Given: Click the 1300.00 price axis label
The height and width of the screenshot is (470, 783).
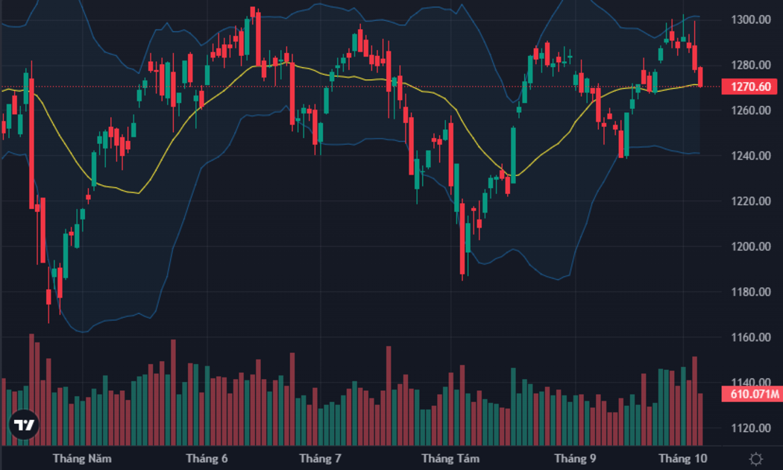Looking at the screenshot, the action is (x=750, y=19).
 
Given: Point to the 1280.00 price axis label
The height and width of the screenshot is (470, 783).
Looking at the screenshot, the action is (x=750, y=65).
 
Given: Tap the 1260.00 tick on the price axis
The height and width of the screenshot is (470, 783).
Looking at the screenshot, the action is (x=750, y=110).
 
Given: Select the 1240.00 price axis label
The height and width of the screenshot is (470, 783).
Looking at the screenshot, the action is (x=750, y=156).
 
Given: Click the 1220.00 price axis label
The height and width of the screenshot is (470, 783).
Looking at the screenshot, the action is (x=750, y=201).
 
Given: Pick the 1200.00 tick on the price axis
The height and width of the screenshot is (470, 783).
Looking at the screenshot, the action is (x=750, y=247).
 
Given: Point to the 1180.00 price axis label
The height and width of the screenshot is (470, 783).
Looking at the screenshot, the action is (x=750, y=292).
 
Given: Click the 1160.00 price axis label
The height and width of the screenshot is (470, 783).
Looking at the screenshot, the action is (x=750, y=337).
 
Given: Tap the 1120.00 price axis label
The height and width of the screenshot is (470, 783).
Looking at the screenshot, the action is (x=750, y=428).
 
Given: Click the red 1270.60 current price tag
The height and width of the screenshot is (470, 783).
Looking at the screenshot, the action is (x=749, y=87).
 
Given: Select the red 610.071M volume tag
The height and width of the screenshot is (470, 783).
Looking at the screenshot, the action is (x=752, y=394).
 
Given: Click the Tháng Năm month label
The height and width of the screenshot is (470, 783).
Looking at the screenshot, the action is (x=82, y=459).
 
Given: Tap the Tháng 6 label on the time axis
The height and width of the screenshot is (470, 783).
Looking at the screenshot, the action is (x=207, y=459).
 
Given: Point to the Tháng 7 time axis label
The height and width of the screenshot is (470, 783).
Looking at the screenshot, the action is (x=320, y=459).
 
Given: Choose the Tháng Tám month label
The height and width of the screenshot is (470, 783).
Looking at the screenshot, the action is (x=450, y=459).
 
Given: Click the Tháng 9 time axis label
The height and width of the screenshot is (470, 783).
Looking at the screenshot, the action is (x=575, y=459).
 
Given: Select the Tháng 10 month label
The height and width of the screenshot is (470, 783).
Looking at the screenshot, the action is (x=682, y=459).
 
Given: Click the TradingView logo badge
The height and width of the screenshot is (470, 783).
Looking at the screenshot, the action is (x=24, y=425).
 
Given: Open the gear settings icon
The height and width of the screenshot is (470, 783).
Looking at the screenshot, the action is (x=756, y=459).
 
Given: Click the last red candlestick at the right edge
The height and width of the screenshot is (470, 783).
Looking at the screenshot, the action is (x=700, y=76).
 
